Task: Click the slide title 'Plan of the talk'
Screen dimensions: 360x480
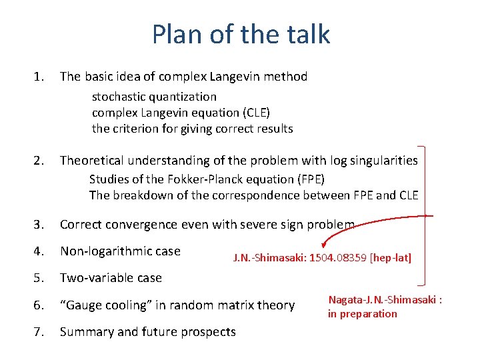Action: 241,34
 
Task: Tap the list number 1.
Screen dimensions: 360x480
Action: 39,77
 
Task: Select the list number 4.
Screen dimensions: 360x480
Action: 39,251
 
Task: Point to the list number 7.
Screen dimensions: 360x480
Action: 39,331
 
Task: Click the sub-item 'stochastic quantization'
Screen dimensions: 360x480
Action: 154,97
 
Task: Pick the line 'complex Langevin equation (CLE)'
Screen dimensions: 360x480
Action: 181,113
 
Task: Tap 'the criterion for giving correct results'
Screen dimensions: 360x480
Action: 192,129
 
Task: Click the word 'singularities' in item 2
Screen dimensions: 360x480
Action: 385,161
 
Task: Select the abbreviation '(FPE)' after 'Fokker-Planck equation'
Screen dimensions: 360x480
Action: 309,179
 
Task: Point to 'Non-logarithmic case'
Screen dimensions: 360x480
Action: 120,251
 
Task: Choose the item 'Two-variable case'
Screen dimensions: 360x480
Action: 111,278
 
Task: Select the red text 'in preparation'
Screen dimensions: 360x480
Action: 362,313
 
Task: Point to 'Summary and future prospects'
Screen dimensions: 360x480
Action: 147,331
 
